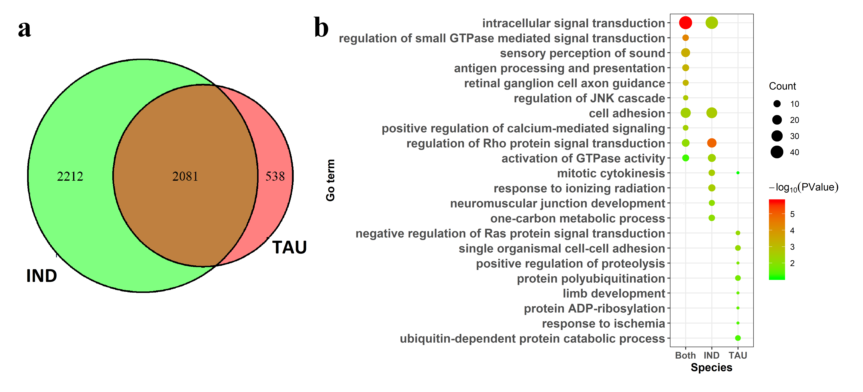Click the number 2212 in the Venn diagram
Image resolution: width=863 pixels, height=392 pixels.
(x=70, y=176)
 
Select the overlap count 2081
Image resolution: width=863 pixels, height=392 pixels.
(x=185, y=176)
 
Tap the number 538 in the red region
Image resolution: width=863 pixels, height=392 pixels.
(x=275, y=176)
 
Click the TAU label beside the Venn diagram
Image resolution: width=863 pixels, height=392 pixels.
(x=289, y=247)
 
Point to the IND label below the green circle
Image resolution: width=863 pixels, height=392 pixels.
(x=42, y=276)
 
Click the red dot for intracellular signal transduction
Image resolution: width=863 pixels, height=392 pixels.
(x=685, y=23)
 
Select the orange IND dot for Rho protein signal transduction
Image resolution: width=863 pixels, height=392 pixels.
(x=712, y=143)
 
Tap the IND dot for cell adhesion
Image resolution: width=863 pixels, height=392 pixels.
(x=712, y=113)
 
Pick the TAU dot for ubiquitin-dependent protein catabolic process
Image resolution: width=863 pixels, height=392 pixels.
(x=738, y=338)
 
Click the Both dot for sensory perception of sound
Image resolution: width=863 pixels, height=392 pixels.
(x=685, y=53)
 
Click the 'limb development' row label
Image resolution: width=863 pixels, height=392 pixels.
(x=614, y=293)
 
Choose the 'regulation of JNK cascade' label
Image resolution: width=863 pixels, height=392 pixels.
(x=589, y=98)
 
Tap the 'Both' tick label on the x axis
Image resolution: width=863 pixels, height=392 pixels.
(x=685, y=355)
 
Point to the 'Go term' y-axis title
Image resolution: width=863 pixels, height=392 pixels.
(x=330, y=180)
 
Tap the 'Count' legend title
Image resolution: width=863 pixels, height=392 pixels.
(x=782, y=86)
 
